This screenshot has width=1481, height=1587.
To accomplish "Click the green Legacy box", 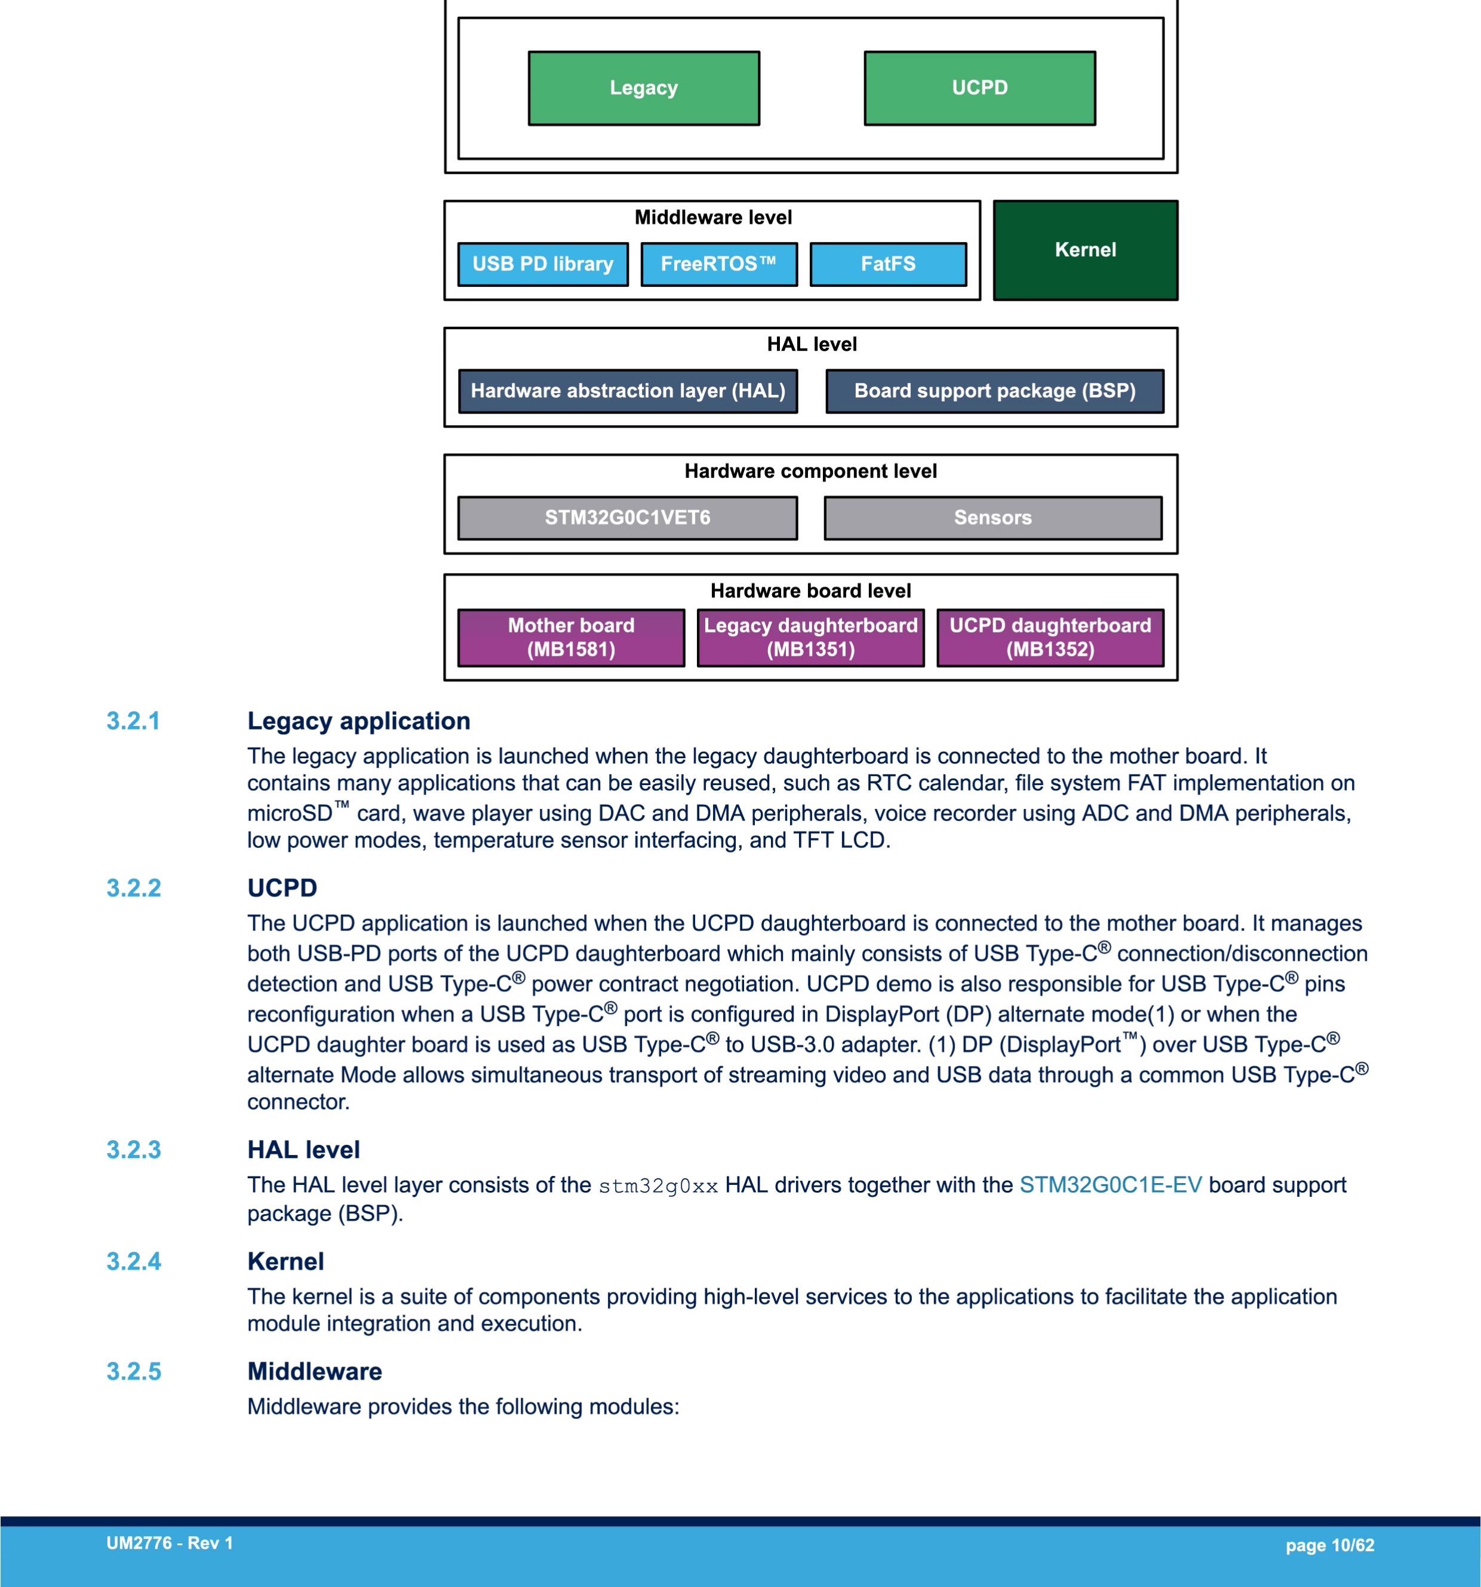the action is point(644,88).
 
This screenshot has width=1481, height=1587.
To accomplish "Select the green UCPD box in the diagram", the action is point(980,88).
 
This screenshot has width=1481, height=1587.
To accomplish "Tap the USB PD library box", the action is point(543,264).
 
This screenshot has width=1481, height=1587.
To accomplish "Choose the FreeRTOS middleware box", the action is point(719,264).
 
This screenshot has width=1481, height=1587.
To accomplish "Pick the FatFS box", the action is point(888,264).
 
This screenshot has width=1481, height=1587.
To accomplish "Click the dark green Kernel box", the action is point(1085,250).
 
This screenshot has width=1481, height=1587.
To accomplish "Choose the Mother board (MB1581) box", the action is point(571,638).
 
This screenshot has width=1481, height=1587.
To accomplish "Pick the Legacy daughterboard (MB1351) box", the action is point(811,638).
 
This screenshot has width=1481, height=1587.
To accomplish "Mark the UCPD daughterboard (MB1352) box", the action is point(1050,638).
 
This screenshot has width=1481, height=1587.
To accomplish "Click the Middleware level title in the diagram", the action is point(714,217).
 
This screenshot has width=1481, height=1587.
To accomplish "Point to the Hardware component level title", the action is point(811,471).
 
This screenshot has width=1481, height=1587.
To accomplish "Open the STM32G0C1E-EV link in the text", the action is point(1110,1185).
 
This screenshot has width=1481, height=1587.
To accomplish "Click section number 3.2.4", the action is point(134,1261).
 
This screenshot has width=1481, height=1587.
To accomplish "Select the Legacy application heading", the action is point(359,721).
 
